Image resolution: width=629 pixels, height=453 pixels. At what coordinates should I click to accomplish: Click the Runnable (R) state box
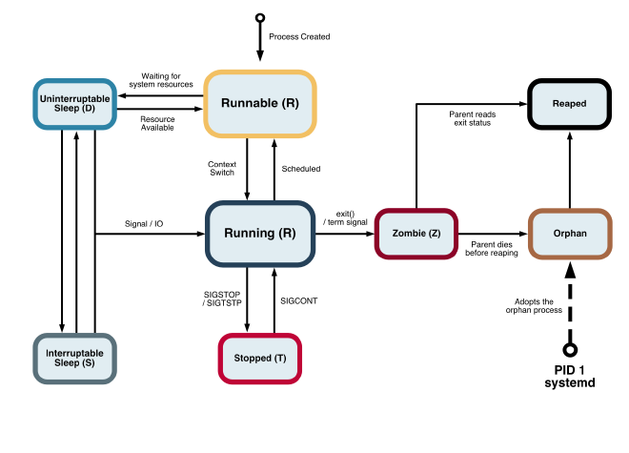[x=259, y=103]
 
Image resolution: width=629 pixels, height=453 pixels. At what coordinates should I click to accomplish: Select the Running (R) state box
[x=260, y=233]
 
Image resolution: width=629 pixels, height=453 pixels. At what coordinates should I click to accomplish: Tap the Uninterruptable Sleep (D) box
[x=73, y=103]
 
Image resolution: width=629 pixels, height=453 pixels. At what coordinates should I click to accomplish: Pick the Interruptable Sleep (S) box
[x=74, y=359]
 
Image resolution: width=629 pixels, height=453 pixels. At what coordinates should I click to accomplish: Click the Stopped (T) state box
[x=260, y=359]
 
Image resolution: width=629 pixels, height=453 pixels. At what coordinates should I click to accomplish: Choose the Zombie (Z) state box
[x=416, y=233]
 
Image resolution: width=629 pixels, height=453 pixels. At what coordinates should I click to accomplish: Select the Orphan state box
[x=569, y=233]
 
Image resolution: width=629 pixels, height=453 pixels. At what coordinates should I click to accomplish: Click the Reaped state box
[x=569, y=103]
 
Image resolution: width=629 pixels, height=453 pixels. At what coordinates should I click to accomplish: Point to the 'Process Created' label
[x=299, y=37]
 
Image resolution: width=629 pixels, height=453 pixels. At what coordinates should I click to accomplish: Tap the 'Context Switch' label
[x=222, y=169]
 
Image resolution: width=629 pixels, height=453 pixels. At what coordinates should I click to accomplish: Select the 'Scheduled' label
[x=301, y=169]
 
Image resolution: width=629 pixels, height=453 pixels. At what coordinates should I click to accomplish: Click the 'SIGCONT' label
[x=299, y=300]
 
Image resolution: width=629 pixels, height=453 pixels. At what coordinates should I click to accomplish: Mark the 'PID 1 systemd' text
[x=569, y=377]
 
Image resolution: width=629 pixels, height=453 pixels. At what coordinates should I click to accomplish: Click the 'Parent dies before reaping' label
[x=493, y=249]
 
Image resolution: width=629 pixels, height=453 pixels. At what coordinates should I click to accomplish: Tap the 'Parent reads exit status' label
[x=471, y=118]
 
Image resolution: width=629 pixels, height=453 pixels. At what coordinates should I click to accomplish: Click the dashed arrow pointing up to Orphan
[x=570, y=300]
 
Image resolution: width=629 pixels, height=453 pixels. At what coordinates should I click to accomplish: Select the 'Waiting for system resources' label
[x=168, y=80]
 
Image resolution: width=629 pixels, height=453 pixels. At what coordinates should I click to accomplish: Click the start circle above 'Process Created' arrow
[x=260, y=17]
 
